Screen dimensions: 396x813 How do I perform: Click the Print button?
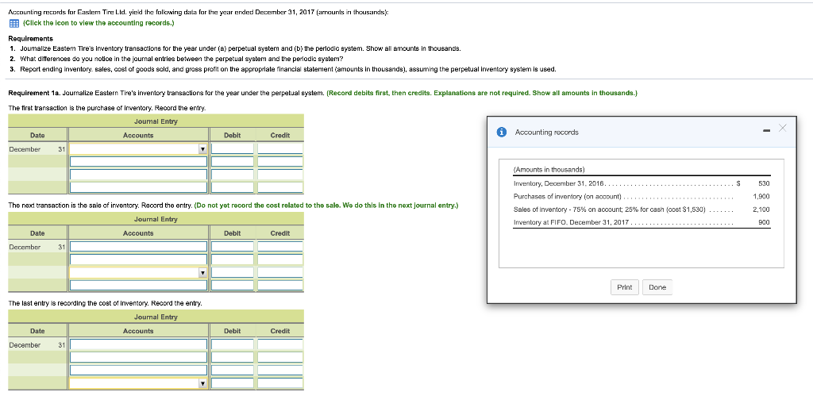click(625, 286)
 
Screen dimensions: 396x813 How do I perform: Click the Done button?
click(657, 286)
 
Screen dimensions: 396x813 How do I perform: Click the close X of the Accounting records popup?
click(784, 129)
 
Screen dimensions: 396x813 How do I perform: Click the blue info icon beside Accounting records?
click(502, 132)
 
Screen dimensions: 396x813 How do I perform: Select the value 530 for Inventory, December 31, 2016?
click(764, 183)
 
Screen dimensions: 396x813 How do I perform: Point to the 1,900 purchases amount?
click(761, 196)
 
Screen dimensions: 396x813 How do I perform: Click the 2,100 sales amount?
click(761, 210)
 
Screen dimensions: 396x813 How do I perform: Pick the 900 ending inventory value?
click(764, 222)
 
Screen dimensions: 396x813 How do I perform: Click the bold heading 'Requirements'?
click(31, 37)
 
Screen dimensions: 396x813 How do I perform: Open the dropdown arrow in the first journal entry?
click(202, 148)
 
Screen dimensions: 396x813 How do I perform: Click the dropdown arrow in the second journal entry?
click(202, 272)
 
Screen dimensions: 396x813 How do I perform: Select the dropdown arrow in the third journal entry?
click(202, 383)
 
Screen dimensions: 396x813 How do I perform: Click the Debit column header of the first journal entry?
click(232, 135)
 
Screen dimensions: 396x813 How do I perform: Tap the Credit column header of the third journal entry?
click(279, 331)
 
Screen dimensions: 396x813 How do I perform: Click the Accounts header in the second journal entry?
click(138, 233)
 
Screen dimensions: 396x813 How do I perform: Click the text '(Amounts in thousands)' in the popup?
click(549, 170)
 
